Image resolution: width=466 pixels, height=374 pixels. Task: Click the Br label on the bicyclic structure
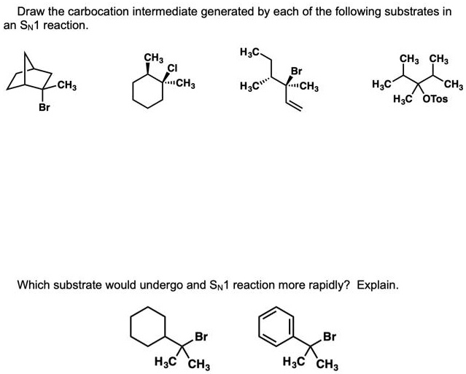[x=44, y=107]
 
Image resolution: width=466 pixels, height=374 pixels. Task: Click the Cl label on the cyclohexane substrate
[x=172, y=69]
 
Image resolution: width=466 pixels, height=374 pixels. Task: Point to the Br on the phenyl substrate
[x=330, y=337]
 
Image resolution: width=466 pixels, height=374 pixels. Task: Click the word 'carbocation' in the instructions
[x=90, y=12]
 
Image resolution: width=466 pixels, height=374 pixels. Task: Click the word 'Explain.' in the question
[x=378, y=284]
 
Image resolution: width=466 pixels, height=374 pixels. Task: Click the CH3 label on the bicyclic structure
[x=67, y=88]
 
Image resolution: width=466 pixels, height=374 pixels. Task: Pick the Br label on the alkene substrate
[x=296, y=71]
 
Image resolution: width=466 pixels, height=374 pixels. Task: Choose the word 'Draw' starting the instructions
[x=31, y=12]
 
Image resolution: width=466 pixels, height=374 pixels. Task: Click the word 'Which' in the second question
[x=34, y=284]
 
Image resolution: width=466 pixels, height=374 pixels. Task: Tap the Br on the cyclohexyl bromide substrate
[x=202, y=337]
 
